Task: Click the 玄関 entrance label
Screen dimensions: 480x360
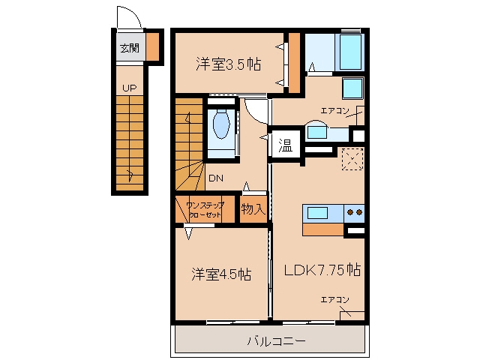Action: (x=130, y=48)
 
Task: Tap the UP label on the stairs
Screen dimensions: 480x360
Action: (x=129, y=88)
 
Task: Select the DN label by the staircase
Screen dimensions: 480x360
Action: (x=216, y=178)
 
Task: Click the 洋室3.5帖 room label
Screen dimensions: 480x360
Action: (x=228, y=64)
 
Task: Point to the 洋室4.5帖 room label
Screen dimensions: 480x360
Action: (x=221, y=274)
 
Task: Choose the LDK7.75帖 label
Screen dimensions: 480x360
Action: (x=322, y=270)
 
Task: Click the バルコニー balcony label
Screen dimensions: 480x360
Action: (x=276, y=341)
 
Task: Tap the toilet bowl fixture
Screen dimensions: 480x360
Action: (x=222, y=124)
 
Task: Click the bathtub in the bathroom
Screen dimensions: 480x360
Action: (x=349, y=52)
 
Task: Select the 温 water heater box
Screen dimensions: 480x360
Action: (x=286, y=145)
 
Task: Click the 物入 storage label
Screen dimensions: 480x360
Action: (x=253, y=209)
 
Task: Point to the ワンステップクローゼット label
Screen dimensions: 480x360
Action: (x=205, y=210)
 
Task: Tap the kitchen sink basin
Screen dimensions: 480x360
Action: (x=317, y=213)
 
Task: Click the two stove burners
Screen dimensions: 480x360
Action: (x=355, y=212)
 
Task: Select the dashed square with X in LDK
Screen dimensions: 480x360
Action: (x=352, y=159)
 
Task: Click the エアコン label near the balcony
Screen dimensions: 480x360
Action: (x=335, y=300)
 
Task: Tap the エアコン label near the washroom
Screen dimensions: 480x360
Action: (x=335, y=111)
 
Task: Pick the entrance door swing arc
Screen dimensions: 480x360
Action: (x=132, y=12)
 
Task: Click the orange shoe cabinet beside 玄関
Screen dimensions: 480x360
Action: (x=152, y=46)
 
